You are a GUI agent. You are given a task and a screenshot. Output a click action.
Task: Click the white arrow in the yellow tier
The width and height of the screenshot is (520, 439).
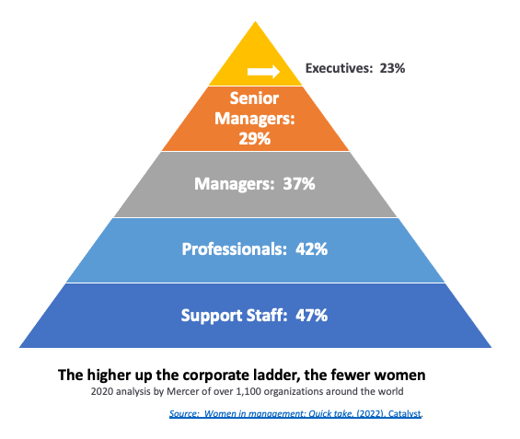[x=263, y=72]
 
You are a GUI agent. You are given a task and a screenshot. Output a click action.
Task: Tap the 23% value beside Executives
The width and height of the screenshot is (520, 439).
[x=392, y=68]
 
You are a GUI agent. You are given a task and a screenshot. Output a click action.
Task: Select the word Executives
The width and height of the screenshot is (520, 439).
[x=338, y=68]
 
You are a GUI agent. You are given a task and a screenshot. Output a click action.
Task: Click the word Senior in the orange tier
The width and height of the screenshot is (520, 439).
[x=254, y=98]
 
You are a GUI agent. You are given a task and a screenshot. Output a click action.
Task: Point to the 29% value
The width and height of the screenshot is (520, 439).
[x=255, y=139]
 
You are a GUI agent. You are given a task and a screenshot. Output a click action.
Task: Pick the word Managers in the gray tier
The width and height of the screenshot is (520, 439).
[x=234, y=184]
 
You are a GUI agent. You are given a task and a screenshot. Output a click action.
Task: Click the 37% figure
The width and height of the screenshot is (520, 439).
[x=299, y=184]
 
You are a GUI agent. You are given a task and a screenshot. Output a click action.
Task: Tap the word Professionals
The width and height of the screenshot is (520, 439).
[x=234, y=249]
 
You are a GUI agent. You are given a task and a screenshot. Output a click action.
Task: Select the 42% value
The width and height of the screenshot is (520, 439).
[x=311, y=249]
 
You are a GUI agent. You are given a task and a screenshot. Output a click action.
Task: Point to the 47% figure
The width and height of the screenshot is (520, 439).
[x=311, y=315]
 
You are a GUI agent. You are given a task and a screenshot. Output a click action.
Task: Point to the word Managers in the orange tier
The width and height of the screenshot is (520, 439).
[x=255, y=119]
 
